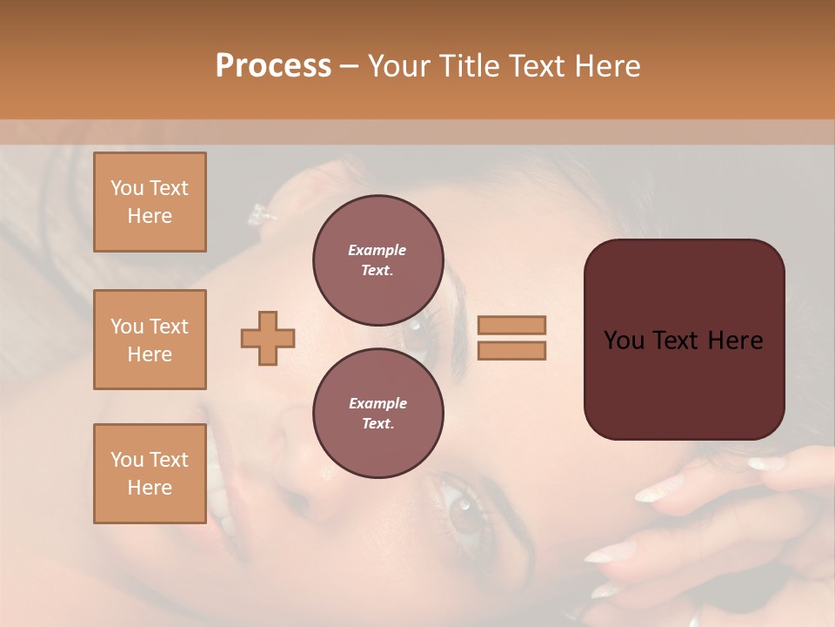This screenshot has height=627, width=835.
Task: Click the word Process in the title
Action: click(273, 66)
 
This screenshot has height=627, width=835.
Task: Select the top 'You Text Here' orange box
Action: click(150, 202)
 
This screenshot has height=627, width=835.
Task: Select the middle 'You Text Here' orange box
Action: click(150, 340)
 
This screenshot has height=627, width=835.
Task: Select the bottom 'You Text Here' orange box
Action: click(150, 474)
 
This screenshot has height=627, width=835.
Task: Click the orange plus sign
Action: click(268, 338)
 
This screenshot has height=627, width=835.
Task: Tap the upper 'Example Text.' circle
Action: click(377, 260)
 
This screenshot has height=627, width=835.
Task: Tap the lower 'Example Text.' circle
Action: click(377, 413)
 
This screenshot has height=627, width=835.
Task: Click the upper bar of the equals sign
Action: click(511, 325)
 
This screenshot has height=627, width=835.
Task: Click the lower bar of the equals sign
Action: click(511, 350)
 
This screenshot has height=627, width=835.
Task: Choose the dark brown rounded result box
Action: click(684, 340)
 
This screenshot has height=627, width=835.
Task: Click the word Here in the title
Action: click(609, 66)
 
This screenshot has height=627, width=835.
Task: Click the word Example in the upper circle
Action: click(377, 250)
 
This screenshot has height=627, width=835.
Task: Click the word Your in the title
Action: click(399, 66)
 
